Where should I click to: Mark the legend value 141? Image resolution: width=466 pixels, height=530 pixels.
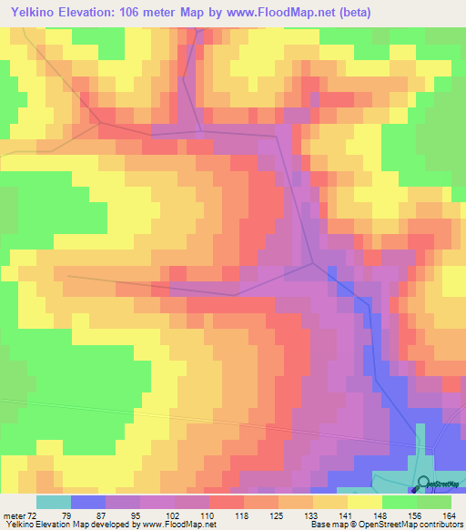(x=344, y=515)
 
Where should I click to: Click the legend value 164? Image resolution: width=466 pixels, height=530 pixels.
(x=448, y=515)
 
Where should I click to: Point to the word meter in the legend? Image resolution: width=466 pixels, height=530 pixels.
(x=15, y=515)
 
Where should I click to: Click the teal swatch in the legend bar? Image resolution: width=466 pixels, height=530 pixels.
(x=54, y=502)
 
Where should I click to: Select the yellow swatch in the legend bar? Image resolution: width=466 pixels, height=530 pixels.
(x=365, y=502)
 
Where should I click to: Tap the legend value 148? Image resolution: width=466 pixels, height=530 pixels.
(x=379, y=515)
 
